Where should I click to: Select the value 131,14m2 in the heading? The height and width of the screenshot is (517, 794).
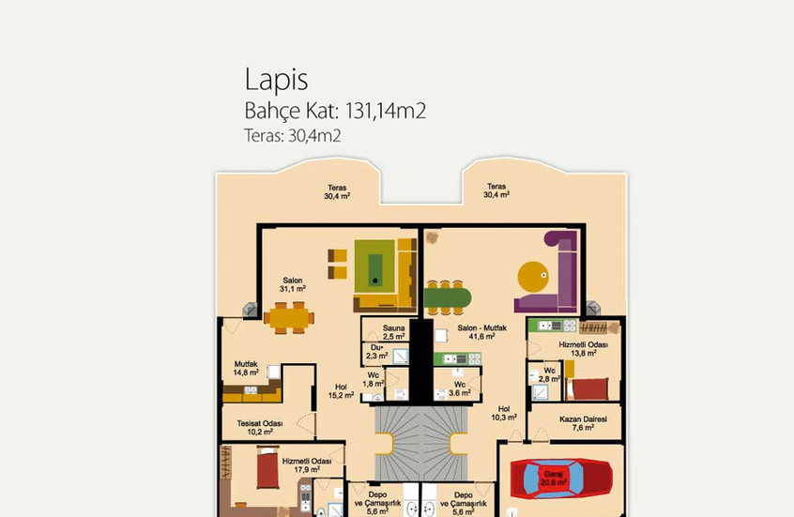386,112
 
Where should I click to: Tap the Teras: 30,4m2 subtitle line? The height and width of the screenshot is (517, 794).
292,136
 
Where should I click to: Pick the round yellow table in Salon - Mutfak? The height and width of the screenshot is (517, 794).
530,276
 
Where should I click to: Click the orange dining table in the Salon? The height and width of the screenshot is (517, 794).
293,316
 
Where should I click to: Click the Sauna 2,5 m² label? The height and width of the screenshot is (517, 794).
394,332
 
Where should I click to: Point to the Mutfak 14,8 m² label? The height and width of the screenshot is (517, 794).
246,368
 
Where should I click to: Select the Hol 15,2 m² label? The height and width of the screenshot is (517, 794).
341,391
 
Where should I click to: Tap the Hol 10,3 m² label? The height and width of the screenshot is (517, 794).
504,413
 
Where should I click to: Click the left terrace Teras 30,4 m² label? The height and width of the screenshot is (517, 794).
337,192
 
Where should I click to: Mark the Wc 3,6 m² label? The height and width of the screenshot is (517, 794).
459,388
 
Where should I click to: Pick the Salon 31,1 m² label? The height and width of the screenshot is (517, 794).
293,284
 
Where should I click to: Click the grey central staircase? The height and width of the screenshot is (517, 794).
413,441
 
